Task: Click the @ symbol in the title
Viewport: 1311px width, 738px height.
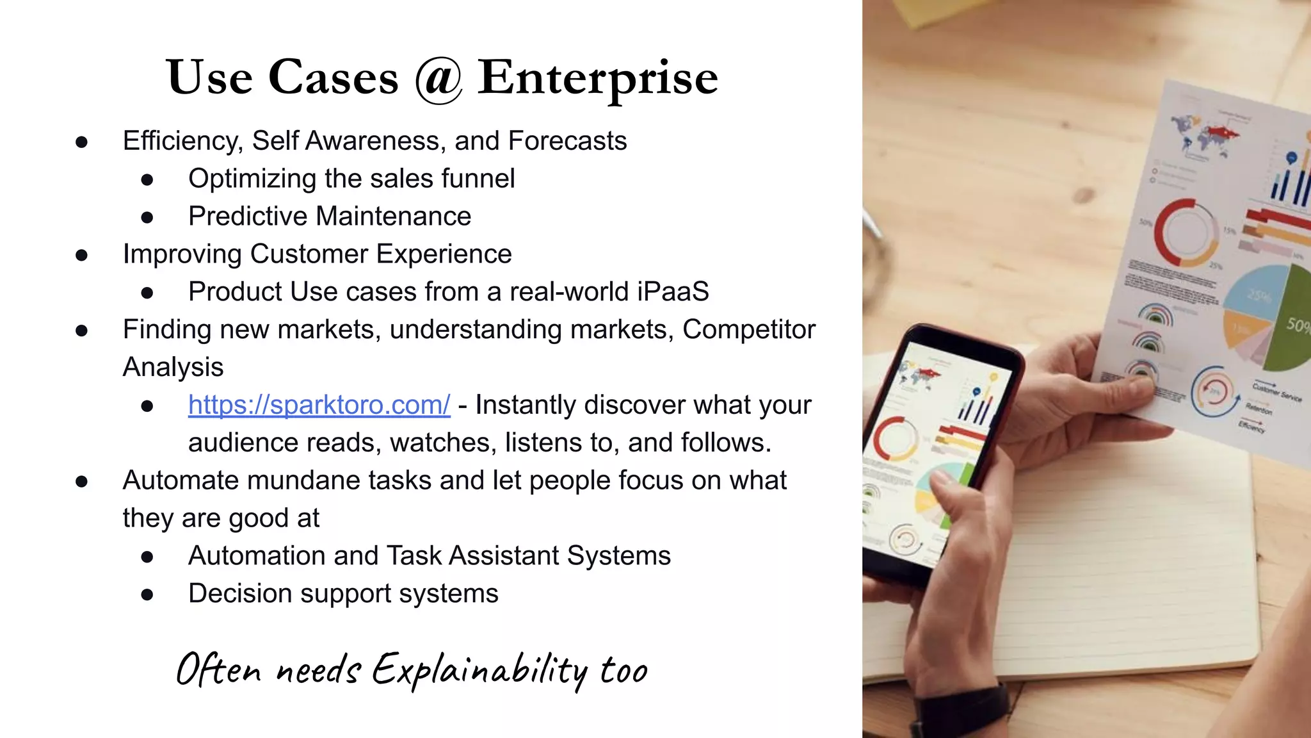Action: tap(438, 79)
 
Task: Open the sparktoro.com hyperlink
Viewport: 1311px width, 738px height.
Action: tap(319, 405)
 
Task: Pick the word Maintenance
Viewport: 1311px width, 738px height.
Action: tap(398, 217)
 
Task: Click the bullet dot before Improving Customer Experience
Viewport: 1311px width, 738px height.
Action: tap(81, 255)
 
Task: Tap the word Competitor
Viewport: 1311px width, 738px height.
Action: tap(749, 329)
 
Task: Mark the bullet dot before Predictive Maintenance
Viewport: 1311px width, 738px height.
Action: tap(147, 217)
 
